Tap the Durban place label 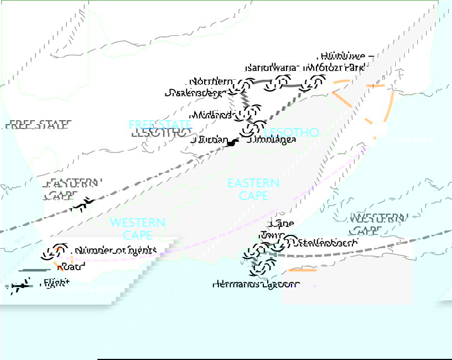[208, 140]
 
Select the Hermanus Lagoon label [256, 284]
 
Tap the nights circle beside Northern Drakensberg [244, 86]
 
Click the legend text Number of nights [116, 250]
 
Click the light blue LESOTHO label [292, 132]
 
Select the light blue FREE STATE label [152, 124]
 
